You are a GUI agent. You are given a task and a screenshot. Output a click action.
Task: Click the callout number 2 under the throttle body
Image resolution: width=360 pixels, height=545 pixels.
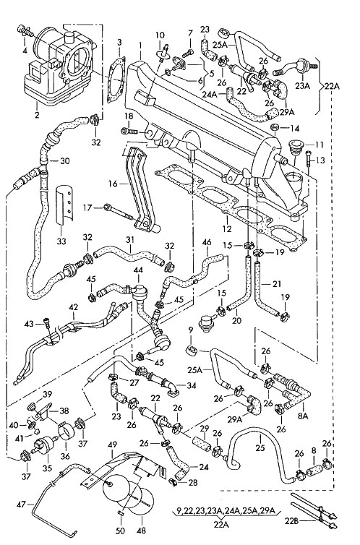point(37,114)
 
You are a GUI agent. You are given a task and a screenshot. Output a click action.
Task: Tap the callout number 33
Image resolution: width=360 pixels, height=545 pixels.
point(61,241)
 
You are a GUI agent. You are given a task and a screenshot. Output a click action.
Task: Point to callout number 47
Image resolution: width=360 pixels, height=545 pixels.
point(22,503)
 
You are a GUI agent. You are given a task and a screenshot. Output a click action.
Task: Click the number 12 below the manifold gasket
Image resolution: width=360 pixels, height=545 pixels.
point(227,229)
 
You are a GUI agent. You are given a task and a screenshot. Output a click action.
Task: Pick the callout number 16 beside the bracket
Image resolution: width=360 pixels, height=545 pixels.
point(113,183)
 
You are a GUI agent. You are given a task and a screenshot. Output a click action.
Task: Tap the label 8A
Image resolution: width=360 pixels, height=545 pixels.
point(303,416)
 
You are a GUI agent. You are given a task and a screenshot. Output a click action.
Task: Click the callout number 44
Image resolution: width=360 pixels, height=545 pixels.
point(138,269)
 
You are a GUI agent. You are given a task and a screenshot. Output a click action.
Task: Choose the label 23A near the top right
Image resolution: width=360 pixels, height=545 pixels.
point(301,85)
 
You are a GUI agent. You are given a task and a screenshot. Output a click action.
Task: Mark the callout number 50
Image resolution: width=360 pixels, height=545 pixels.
point(121,531)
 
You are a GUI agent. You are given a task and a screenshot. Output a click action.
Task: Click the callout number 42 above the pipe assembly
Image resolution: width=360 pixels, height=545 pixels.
point(73,307)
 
